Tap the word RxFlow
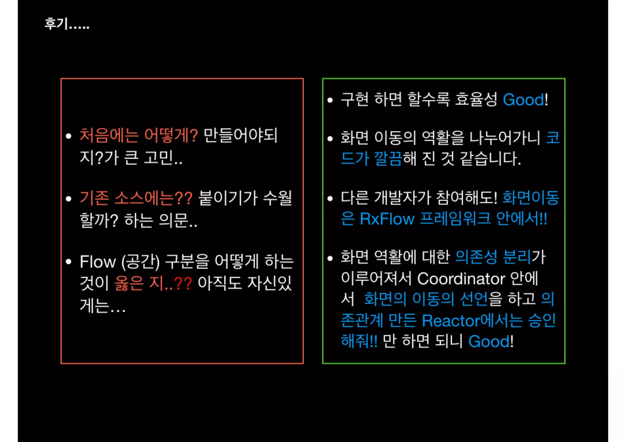pyautogui.click(x=387, y=219)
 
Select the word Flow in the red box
pyautogui.click(x=98, y=262)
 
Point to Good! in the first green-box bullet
pyautogui.click(x=525, y=100)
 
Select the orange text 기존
pyautogui.click(x=94, y=198)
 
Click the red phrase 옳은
pyautogui.click(x=129, y=283)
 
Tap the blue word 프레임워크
pyautogui.click(x=455, y=219)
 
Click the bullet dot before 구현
pyautogui.click(x=330, y=100)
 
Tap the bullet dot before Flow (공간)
pyautogui.click(x=68, y=262)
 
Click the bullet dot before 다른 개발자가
pyautogui.click(x=330, y=199)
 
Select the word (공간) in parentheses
pyautogui.click(x=141, y=262)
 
